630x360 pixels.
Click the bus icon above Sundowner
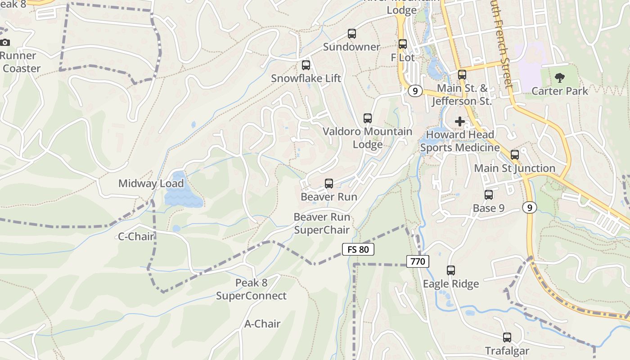[x=352, y=34]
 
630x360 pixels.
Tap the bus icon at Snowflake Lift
[x=306, y=65]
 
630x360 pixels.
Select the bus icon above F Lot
[x=403, y=44]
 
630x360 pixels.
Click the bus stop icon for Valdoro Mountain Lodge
[x=368, y=118]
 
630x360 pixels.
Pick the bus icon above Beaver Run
[x=329, y=184]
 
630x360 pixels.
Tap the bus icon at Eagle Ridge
[x=451, y=270]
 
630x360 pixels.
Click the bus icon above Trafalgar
[x=507, y=337]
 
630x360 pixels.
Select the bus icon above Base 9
[x=489, y=195]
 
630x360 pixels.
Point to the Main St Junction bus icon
[x=515, y=155]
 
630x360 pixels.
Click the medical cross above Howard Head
[x=460, y=121]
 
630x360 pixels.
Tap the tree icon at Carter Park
[x=560, y=78]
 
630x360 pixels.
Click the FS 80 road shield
[x=358, y=249]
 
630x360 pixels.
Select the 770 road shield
[x=418, y=261]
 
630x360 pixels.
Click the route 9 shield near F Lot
[x=415, y=91]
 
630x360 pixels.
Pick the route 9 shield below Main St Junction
[x=530, y=207]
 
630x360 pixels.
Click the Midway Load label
[x=151, y=184]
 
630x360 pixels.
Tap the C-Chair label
[x=136, y=237]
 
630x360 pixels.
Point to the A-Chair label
[x=262, y=324]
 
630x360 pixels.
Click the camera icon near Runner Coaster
[x=5, y=43]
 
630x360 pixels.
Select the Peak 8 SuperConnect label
[x=251, y=289]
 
